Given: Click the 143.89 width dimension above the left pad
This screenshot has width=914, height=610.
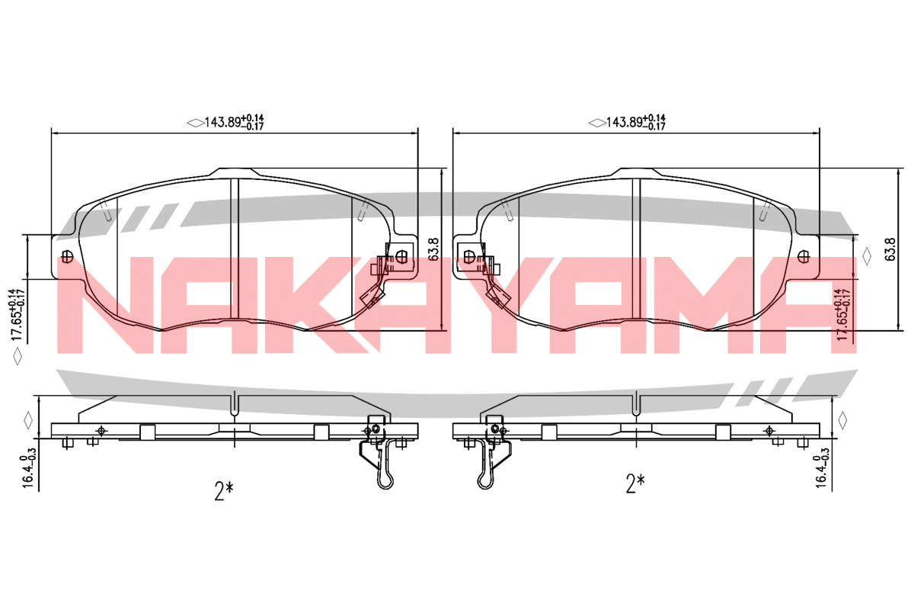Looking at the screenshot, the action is [x=234, y=122].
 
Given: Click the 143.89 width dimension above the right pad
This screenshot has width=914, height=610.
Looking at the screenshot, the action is [x=636, y=122].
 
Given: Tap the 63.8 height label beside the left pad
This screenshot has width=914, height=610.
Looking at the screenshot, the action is [x=433, y=249].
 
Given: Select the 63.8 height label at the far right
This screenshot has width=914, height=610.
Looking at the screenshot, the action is [x=890, y=249].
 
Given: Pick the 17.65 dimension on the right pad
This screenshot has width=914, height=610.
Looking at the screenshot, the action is [x=842, y=315].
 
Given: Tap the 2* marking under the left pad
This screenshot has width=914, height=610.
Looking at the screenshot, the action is [x=224, y=491].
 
